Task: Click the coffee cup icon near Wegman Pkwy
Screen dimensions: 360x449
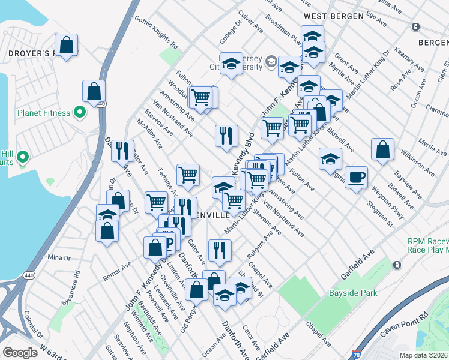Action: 356,177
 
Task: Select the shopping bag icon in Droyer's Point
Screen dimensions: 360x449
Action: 66,45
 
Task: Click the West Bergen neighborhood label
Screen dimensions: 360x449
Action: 333,16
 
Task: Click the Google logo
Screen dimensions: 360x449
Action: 20,353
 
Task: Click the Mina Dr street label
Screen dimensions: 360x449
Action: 59,257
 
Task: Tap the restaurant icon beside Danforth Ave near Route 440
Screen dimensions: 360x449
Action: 122,151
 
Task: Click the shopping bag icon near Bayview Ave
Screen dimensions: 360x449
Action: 382,150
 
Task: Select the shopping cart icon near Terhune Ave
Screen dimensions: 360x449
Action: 188,175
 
